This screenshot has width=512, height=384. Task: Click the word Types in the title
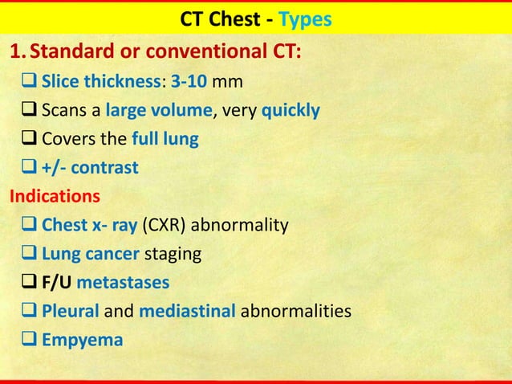pyautogui.click(x=305, y=18)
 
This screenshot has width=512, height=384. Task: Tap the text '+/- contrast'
pyautogui.click(x=89, y=168)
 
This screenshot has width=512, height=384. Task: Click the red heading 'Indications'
pyautogui.click(x=54, y=196)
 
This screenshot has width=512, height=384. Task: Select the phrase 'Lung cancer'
pyautogui.click(x=90, y=254)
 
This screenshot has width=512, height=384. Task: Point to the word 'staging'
pyautogui.click(x=172, y=254)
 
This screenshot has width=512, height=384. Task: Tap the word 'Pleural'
pyautogui.click(x=71, y=311)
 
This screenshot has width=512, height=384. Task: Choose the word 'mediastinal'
pyautogui.click(x=187, y=311)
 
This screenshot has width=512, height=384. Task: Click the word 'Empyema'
pyautogui.click(x=82, y=340)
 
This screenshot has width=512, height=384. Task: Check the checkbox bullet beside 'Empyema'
pyautogui.click(x=30, y=340)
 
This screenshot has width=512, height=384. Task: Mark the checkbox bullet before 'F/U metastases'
pyautogui.click(x=30, y=283)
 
